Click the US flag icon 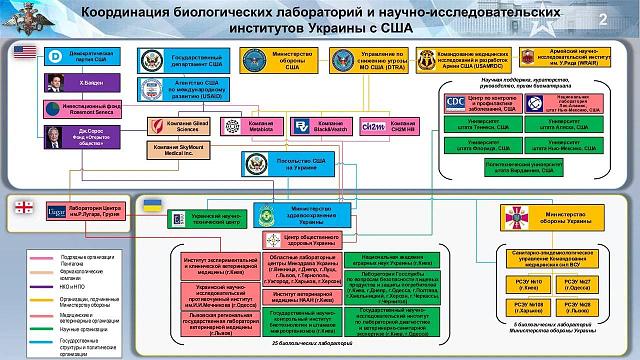[25, 53]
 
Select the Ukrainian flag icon [153, 205]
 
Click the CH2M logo [372, 127]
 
